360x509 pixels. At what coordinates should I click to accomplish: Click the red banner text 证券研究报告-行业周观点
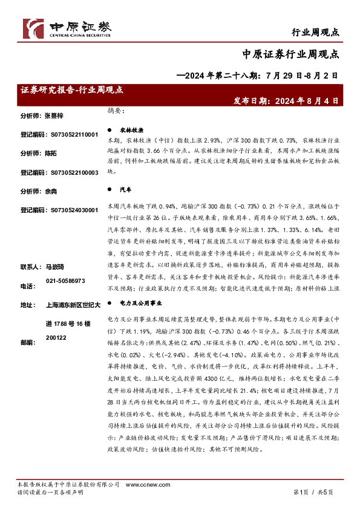pyautogui.click(x=72, y=89)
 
